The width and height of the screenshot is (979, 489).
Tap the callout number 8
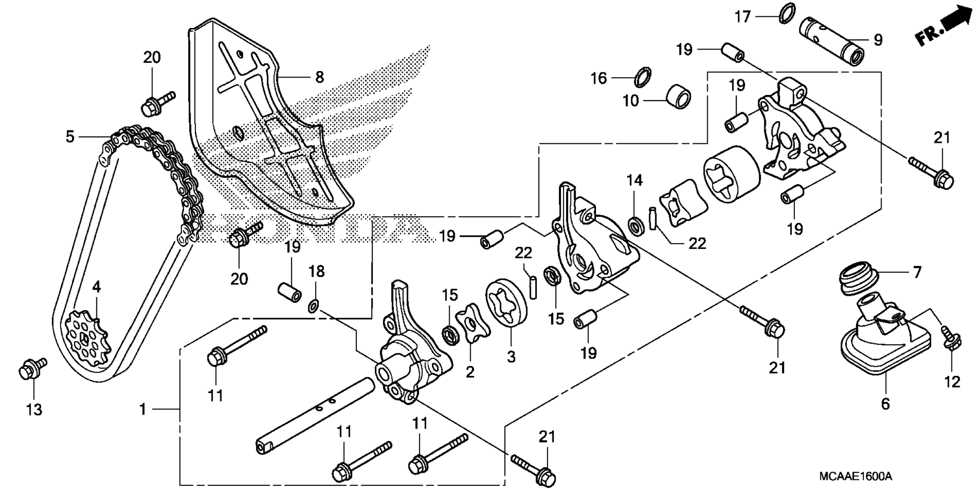pos(319,77)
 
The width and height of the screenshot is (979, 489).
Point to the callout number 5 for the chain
pos(70,137)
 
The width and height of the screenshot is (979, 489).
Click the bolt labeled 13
pos(32,369)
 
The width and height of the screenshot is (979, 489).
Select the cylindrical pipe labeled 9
pos(830,40)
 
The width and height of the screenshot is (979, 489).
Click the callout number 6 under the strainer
pos(885,404)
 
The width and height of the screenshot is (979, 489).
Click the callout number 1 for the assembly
pos(143,409)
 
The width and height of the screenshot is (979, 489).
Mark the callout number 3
pos(511,356)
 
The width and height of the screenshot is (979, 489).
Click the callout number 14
pos(635,180)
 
